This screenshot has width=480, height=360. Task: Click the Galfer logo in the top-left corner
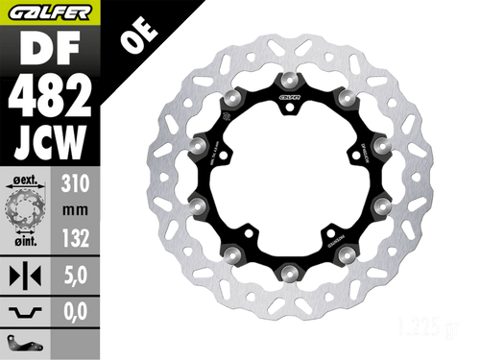point(50,12)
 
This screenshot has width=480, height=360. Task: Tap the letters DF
point(50,49)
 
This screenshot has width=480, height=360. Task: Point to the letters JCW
point(50,144)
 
